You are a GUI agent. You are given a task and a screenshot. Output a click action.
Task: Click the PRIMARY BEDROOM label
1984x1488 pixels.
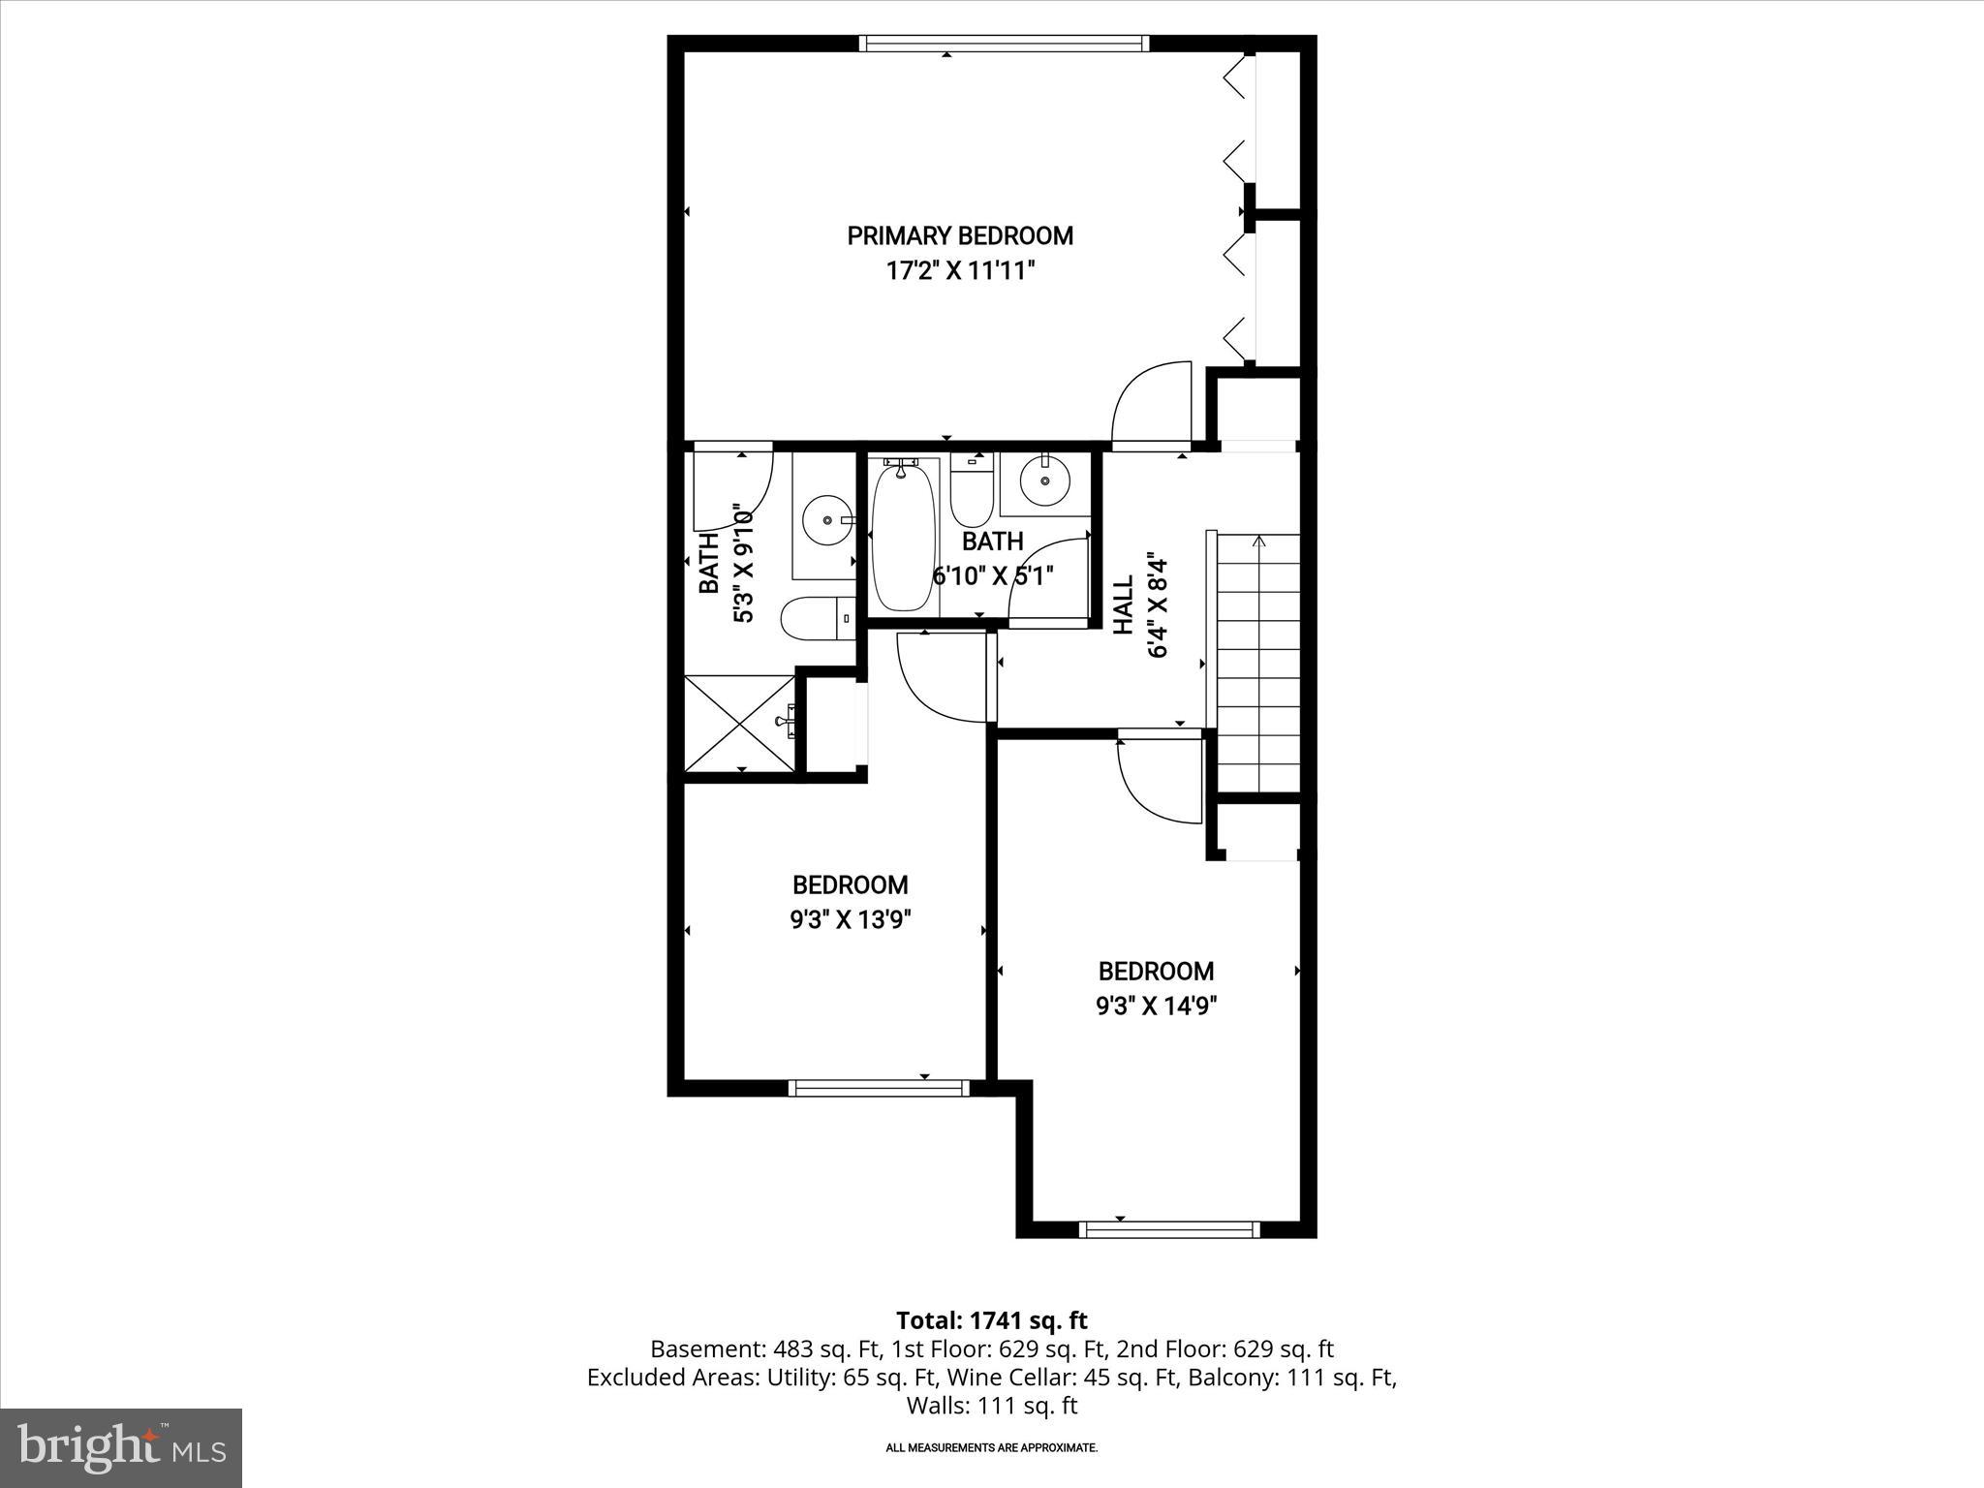click(960, 235)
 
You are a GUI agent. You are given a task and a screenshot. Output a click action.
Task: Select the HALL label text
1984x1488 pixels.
click(1123, 605)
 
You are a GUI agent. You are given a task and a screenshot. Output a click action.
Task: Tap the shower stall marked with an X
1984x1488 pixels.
click(739, 723)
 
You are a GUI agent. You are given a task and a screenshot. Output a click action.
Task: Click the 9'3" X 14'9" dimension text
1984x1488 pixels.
click(1156, 1006)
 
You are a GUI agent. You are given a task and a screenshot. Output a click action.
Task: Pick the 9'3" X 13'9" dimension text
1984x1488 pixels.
click(851, 919)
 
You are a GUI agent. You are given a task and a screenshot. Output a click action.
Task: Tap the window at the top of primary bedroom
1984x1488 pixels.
click(1004, 43)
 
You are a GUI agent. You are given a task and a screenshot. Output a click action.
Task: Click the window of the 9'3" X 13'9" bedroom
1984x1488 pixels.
click(880, 1088)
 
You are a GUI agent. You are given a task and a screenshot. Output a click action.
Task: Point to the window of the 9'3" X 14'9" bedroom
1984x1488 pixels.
click(1169, 1229)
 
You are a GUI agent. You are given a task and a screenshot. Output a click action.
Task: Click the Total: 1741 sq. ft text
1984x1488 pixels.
click(991, 1320)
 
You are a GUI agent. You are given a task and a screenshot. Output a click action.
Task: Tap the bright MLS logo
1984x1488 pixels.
click(121, 1447)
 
